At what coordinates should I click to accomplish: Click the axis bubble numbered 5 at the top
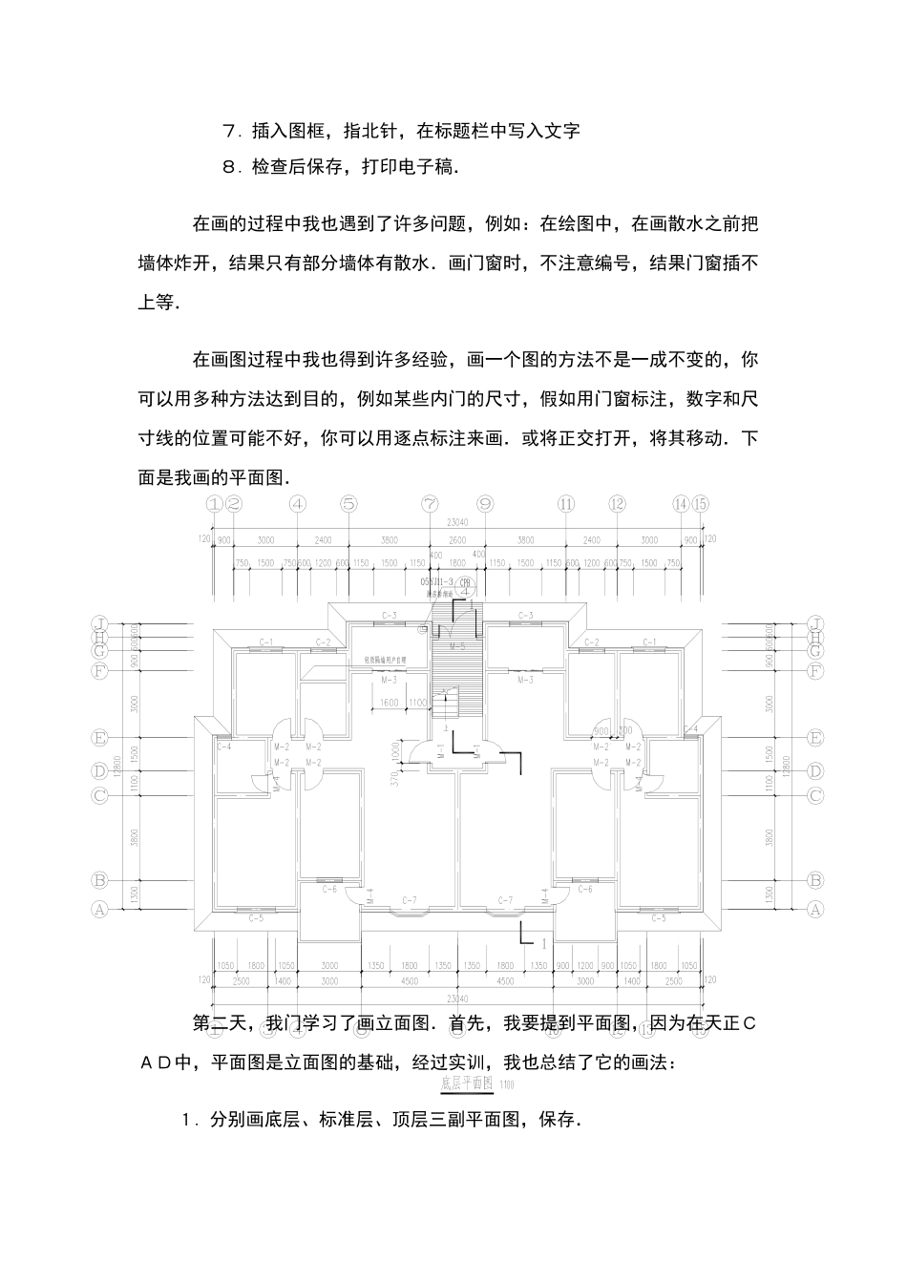click(348, 504)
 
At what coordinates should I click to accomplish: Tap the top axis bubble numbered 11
click(566, 504)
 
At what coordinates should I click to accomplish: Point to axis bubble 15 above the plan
click(701, 504)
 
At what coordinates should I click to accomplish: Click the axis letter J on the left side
click(98, 623)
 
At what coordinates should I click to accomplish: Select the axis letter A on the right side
click(814, 910)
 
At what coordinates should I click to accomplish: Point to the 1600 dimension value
click(388, 703)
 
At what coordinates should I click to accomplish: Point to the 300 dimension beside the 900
click(625, 731)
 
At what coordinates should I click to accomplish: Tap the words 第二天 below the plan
click(221, 1024)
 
